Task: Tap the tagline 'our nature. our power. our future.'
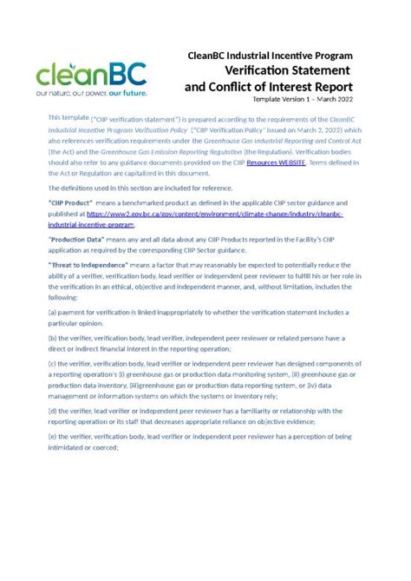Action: point(92,90)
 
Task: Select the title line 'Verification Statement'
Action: point(287,70)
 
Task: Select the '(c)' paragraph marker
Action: point(53,362)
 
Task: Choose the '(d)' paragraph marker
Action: point(53,410)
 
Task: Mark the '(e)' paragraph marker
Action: point(53,435)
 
